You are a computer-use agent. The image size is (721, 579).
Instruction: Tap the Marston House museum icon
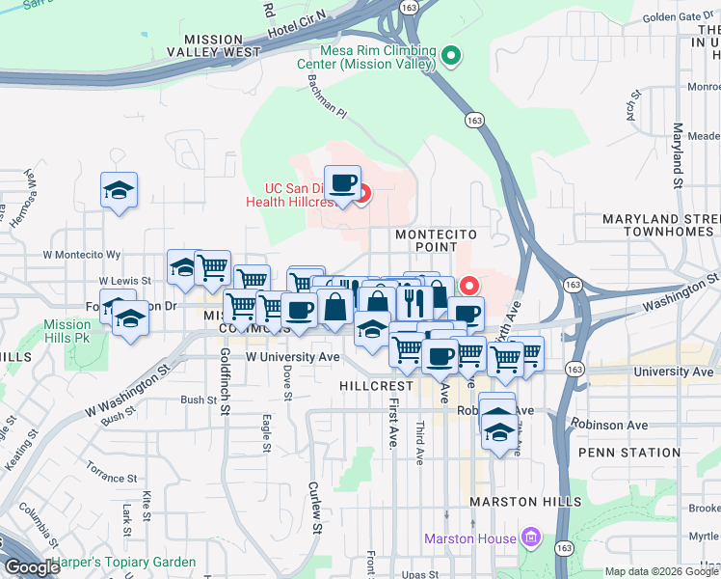pyautogui.click(x=529, y=537)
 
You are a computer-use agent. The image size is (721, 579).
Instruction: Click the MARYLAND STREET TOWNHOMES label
pyautogui.click(x=661, y=225)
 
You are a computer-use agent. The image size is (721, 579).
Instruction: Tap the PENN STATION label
pyautogui.click(x=629, y=453)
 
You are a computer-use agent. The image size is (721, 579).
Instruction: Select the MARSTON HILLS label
pyautogui.click(x=525, y=503)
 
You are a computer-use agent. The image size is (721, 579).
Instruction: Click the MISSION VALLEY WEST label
pyautogui.click(x=213, y=45)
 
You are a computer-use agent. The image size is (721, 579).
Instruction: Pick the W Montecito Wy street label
pyautogui.click(x=82, y=255)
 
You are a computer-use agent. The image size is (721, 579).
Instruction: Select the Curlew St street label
pyautogui.click(x=315, y=508)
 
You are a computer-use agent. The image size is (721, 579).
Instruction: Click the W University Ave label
pyautogui.click(x=293, y=357)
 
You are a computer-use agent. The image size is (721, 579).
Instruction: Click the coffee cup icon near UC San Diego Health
pyautogui.click(x=341, y=181)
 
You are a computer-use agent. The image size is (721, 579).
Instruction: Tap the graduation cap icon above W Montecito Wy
pyautogui.click(x=120, y=188)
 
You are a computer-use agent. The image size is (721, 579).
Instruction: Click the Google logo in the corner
pyautogui.click(x=32, y=567)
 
